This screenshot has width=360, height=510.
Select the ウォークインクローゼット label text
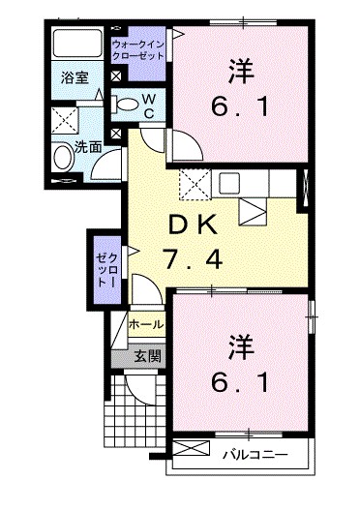[138, 51]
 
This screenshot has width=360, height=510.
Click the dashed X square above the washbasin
[65, 121]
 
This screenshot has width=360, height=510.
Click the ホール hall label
[144, 323]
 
